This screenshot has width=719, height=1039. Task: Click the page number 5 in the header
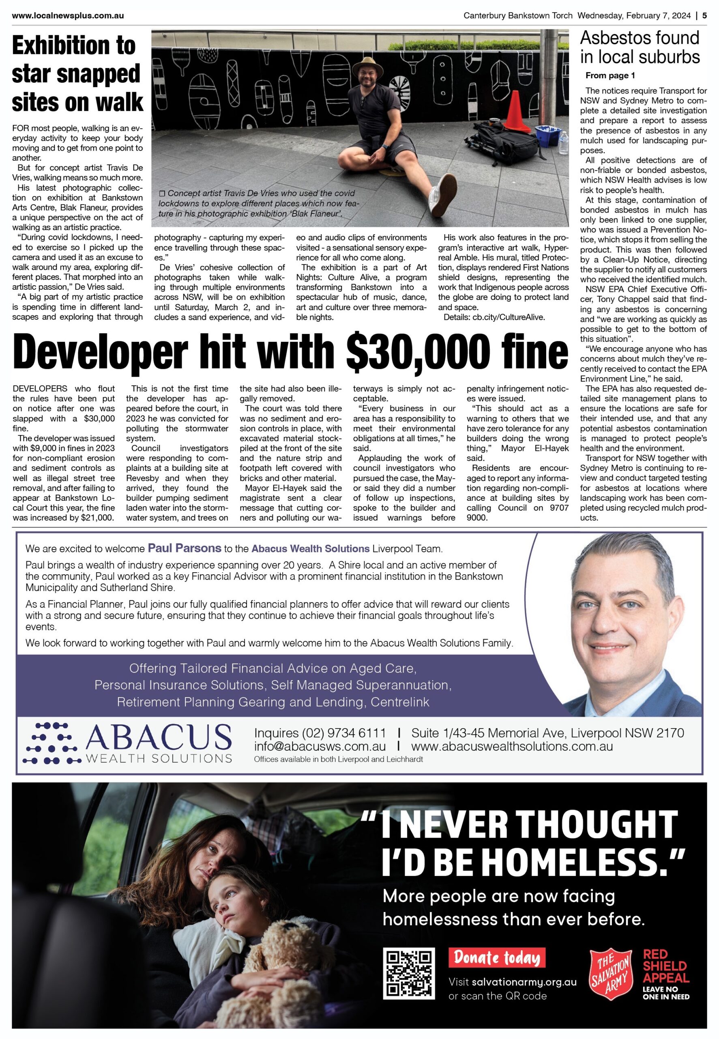click(704, 16)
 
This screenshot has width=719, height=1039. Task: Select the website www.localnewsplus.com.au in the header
click(68, 16)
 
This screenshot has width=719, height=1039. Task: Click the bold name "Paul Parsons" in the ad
click(185, 548)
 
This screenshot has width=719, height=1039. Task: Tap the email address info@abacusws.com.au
click(320, 746)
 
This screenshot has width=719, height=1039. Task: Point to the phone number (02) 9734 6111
click(344, 733)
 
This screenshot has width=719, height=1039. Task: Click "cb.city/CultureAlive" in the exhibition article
click(509, 317)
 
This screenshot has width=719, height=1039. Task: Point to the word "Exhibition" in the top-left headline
click(74, 46)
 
